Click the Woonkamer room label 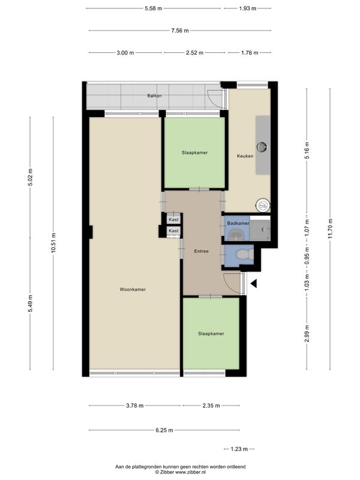pos(133,289)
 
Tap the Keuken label pos(245,156)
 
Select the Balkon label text pos(154,95)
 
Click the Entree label pos(201,251)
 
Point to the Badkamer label pos(238,223)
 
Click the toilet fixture pos(245,254)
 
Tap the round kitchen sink pos(262,147)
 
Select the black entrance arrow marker pos(254,284)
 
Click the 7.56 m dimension pos(180,31)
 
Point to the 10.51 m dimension pos(53,243)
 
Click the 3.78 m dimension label pos(134,406)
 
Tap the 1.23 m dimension pos(239,449)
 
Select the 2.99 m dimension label pos(307,334)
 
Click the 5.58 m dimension pos(154,8)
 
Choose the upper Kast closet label pos(173,220)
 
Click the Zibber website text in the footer pos(180,472)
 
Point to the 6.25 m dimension pos(164,430)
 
